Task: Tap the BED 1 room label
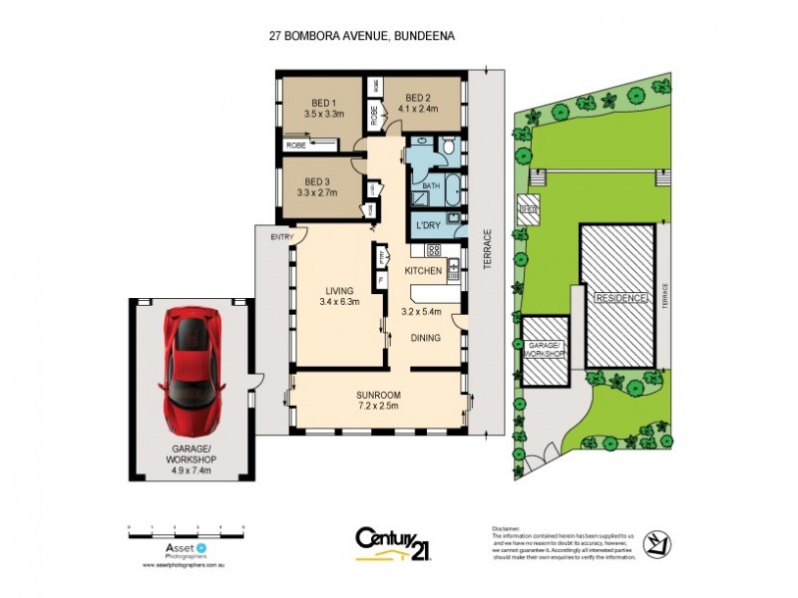(x=322, y=103)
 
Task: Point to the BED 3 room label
(x=317, y=180)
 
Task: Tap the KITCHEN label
(x=422, y=270)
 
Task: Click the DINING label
(x=426, y=338)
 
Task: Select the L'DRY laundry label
(x=429, y=226)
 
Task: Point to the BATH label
(x=431, y=186)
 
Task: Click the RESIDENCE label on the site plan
(x=618, y=298)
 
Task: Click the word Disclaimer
(x=507, y=528)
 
